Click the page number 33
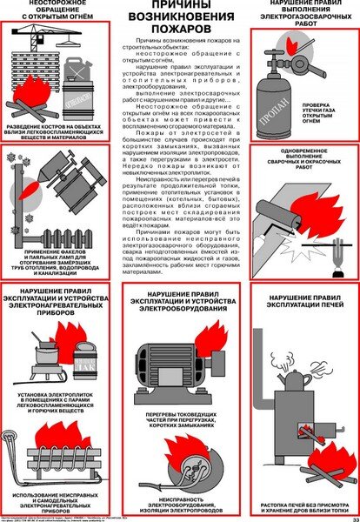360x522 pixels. [351, 518]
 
